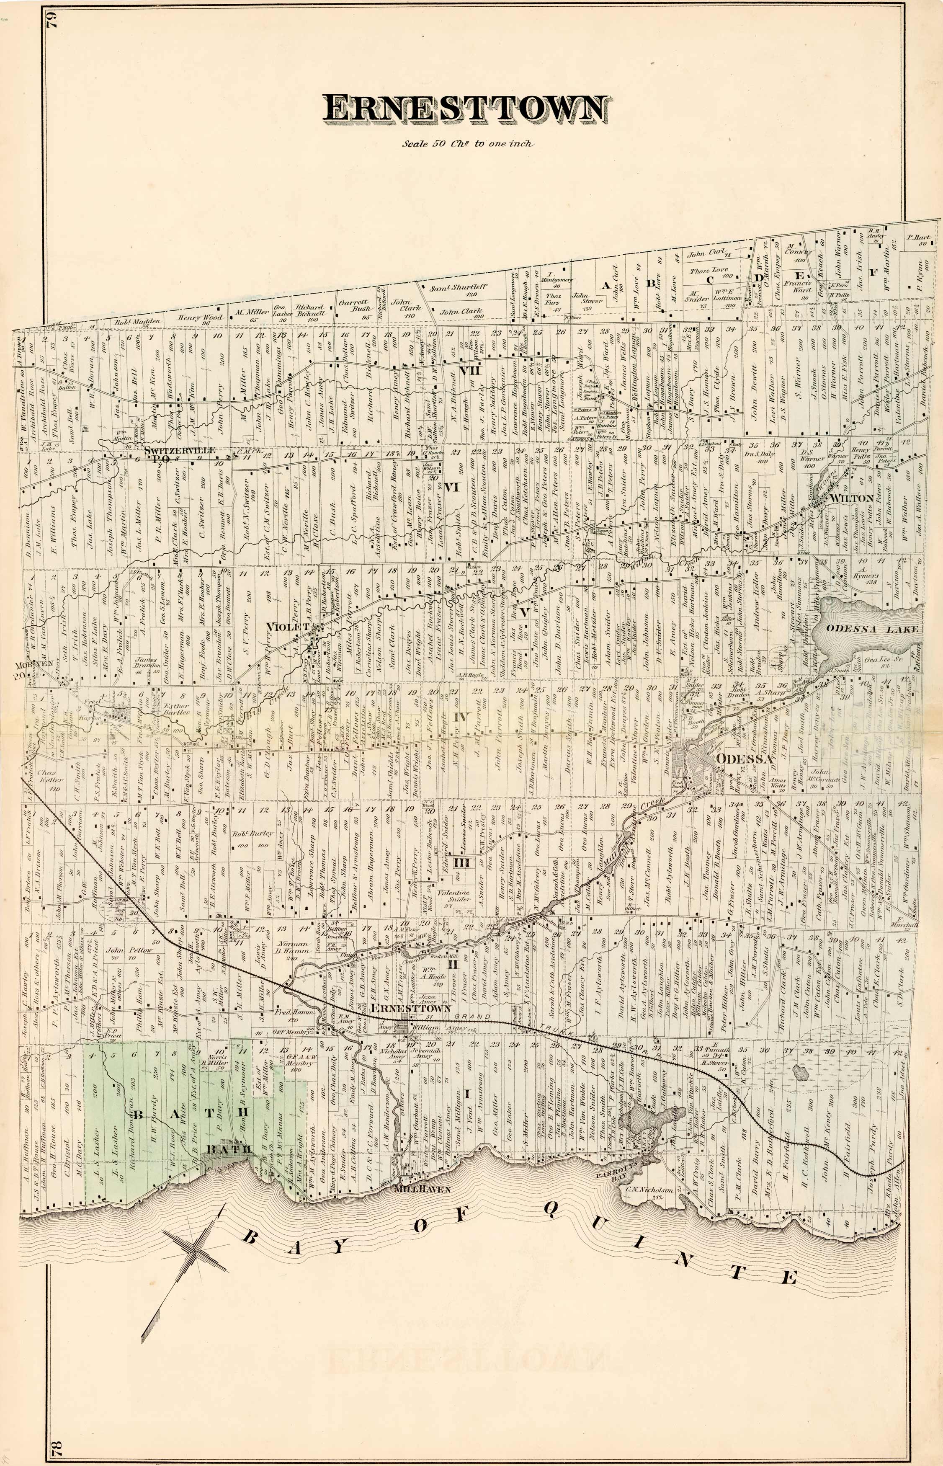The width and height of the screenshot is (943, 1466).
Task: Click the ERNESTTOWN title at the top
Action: [x=465, y=108]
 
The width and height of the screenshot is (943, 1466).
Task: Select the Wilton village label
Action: [x=851, y=498]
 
